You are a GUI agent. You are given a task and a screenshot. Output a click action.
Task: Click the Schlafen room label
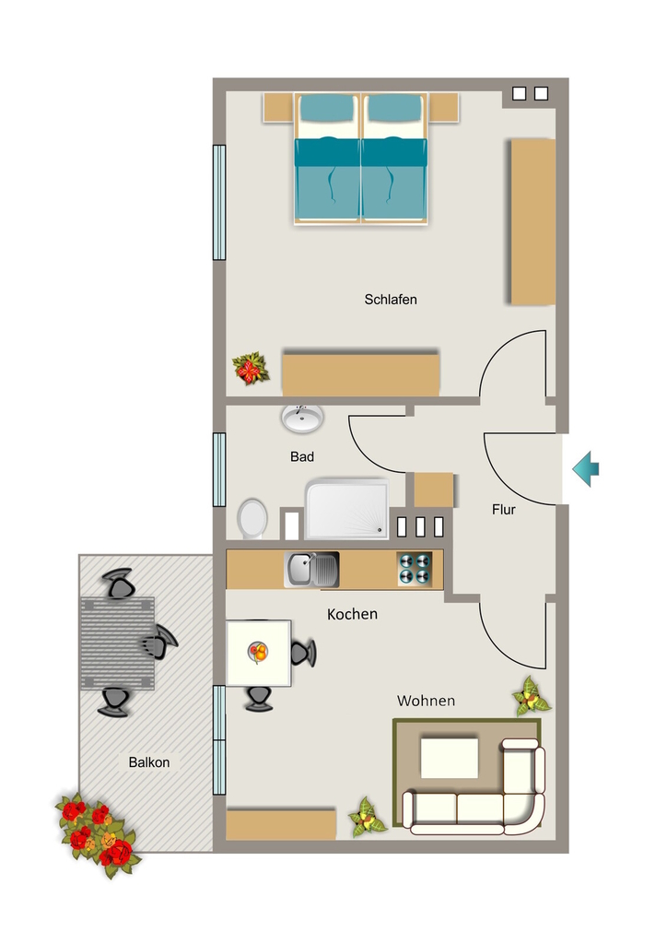point(391,300)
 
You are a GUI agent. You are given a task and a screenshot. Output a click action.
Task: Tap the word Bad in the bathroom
point(302,457)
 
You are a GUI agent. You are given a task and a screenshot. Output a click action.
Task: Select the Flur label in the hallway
point(503,509)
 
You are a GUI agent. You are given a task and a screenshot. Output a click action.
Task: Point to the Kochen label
point(353,614)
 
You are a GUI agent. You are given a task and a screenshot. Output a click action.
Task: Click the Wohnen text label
point(426,701)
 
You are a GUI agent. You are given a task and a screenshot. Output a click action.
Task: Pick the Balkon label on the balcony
point(149,762)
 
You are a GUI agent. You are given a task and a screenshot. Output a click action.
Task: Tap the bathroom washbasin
point(302,418)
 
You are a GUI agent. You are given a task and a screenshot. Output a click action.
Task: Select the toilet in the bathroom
point(252,518)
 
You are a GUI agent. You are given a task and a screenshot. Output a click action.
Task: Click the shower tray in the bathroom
point(347,509)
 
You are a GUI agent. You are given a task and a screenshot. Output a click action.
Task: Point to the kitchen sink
point(311,569)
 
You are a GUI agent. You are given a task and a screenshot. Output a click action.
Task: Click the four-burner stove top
point(415,569)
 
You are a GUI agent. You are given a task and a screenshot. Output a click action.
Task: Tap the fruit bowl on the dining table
point(258,652)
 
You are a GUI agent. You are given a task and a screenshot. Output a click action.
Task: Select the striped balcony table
point(117,643)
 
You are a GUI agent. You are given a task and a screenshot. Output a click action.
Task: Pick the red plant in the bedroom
point(251,369)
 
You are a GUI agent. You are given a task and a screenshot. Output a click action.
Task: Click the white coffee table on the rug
point(450,758)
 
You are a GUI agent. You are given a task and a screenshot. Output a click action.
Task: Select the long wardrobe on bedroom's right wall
point(532,222)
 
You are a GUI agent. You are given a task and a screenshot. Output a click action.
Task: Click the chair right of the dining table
point(303,653)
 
